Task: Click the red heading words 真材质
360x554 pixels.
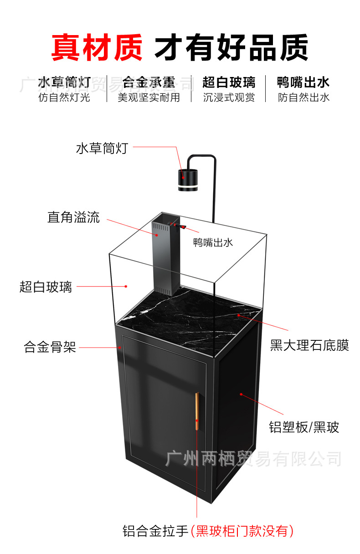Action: click(97, 47)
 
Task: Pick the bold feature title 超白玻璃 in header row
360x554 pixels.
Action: click(229, 82)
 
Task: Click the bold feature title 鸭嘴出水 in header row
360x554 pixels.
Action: click(303, 82)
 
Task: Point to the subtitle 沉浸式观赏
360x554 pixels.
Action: click(229, 97)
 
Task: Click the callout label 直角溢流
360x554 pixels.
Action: click(73, 217)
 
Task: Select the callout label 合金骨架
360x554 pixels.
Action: click(50, 348)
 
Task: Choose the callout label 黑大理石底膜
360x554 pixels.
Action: click(309, 345)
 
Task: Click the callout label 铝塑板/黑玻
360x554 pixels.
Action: click(304, 427)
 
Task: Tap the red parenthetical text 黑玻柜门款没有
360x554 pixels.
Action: click(242, 531)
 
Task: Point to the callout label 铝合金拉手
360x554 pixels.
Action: click(155, 531)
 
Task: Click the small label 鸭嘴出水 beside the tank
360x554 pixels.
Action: click(213, 242)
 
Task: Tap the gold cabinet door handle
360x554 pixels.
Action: click(197, 411)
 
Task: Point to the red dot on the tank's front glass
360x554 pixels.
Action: click(126, 286)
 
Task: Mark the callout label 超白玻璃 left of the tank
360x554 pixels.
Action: click(46, 287)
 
